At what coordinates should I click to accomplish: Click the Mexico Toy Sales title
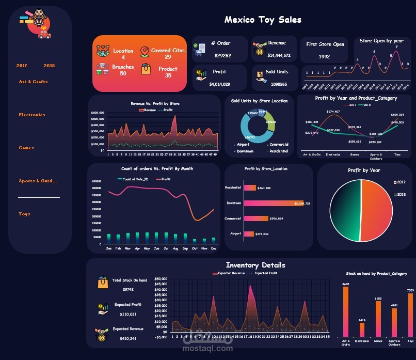(x=263, y=20)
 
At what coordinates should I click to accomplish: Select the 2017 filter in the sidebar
(x=22, y=66)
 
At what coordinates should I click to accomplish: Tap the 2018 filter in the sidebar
(x=49, y=66)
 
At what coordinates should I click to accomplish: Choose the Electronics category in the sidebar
(x=31, y=115)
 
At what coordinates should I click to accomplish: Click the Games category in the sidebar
(x=26, y=148)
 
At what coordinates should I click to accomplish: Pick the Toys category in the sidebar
(x=24, y=214)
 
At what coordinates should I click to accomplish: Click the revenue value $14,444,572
(x=279, y=55)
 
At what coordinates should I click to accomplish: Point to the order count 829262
(x=222, y=55)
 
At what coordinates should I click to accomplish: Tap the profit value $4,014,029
(x=219, y=84)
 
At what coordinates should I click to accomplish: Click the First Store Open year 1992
(x=324, y=57)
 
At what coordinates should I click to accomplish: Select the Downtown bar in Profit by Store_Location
(x=274, y=204)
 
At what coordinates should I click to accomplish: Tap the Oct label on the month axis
(x=195, y=248)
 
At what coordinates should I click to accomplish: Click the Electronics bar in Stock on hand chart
(x=362, y=329)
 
